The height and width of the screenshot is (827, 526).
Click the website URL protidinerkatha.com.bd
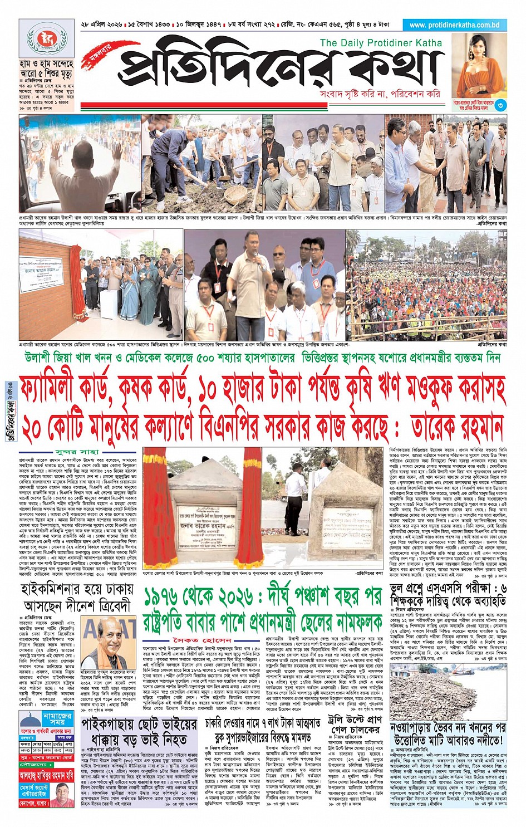pos(454,25)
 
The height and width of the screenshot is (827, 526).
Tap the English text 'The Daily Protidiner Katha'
pos(381,43)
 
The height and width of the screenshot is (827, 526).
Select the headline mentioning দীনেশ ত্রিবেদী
pos(77,598)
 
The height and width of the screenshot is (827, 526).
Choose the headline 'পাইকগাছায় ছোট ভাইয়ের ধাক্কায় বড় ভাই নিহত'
pos(139,732)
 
